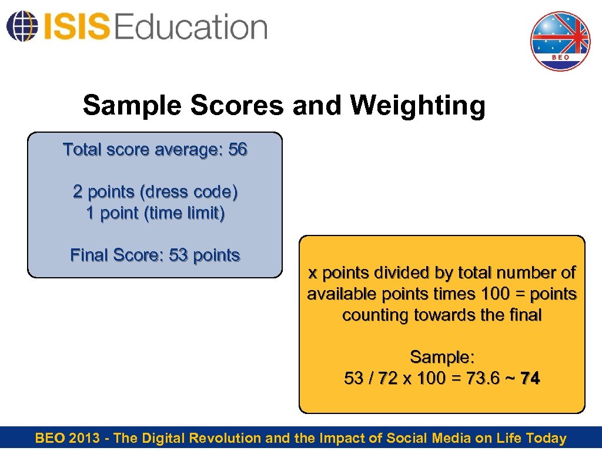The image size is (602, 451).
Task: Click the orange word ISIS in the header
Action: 75,27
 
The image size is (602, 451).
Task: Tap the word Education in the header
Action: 191,27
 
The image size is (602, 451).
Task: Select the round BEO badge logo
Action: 560,41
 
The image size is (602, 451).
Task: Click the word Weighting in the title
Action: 417,106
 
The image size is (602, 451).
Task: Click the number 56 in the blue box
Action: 238,150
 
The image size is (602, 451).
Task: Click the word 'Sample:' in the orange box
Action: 442,357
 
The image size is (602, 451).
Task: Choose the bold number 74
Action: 530,379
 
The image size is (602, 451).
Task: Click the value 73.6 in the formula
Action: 481,379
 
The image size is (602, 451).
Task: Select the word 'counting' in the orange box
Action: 376,315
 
